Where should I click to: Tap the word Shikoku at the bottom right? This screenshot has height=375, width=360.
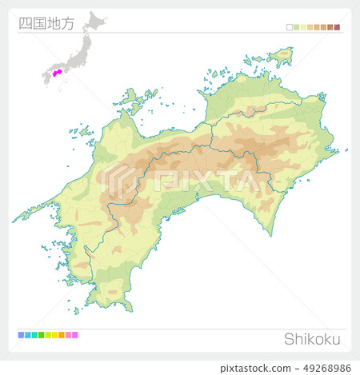pyautogui.click(x=312, y=339)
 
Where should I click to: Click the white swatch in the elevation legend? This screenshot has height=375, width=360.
pyautogui.click(x=290, y=27)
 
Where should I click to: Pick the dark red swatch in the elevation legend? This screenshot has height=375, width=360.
pyautogui.click(x=338, y=27)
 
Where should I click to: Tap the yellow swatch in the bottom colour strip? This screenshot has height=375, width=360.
pyautogui.click(x=54, y=334)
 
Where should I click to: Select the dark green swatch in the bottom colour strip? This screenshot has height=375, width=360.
pyautogui.click(x=41, y=334)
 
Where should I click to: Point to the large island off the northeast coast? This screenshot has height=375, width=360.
pyautogui.click(x=281, y=57)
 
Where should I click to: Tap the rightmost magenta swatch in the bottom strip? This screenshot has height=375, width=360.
pyautogui.click(x=75, y=334)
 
